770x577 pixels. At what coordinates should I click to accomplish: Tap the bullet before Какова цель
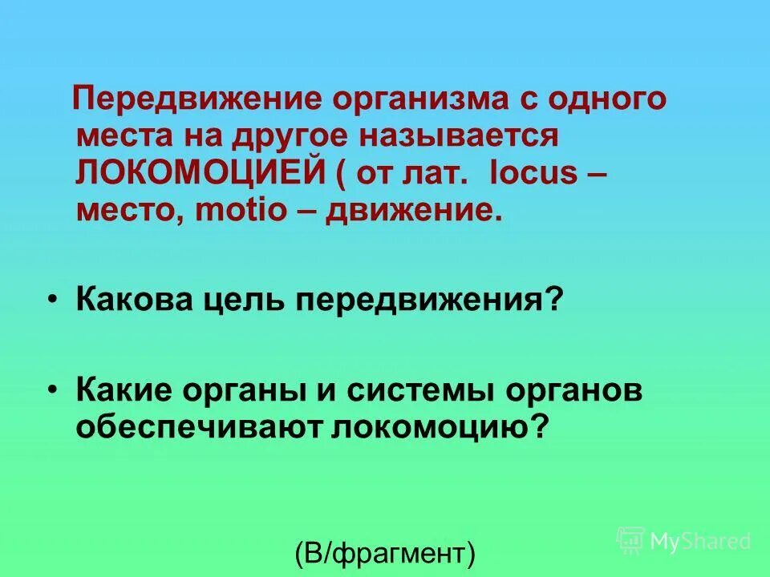pos(52,300)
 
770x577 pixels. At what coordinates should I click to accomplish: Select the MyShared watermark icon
pos(630,540)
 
